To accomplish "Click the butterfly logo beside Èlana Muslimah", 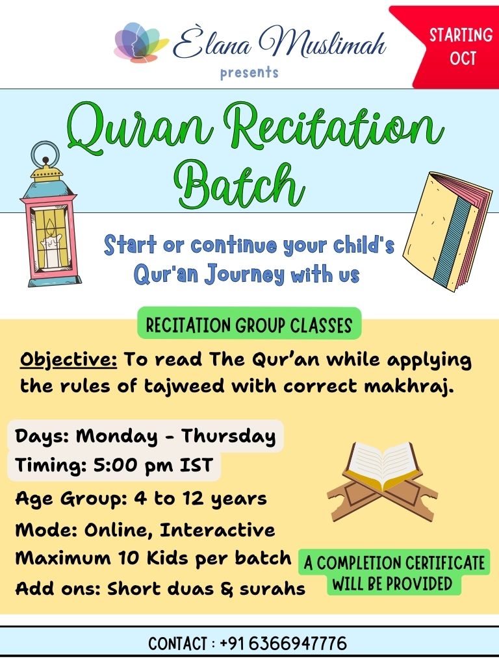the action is coord(140,43).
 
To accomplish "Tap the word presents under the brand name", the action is coord(249,73).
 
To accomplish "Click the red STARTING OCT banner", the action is coord(450,47).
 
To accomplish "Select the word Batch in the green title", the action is coord(240,186).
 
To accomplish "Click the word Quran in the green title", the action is coord(140,129).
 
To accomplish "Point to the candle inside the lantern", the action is coord(51,244).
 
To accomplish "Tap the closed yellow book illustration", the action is coord(448,231).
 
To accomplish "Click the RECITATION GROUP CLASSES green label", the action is coord(249,325).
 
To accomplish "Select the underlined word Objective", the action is coord(68,360).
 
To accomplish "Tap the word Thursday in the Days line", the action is coord(228,436).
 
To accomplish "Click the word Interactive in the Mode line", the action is coord(217,530).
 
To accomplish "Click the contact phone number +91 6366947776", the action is coord(283,644).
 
